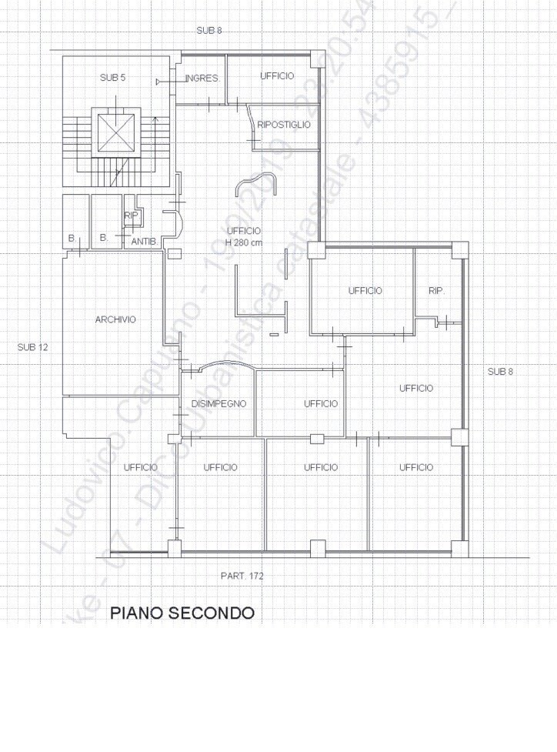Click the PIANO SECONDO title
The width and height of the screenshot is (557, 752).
point(182,613)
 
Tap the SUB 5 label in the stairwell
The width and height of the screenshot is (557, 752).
point(112,78)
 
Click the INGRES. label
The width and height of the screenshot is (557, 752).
point(202,79)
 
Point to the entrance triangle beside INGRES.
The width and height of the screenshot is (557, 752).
point(159,81)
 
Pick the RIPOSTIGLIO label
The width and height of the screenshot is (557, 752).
point(284,125)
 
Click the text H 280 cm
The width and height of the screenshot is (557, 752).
point(244,242)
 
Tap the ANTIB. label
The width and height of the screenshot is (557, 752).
point(144,242)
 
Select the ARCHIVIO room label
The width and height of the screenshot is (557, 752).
point(115,319)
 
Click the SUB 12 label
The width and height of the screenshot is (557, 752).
point(32,347)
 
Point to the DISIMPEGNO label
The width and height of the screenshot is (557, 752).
point(218,404)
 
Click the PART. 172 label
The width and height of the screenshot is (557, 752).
point(242,575)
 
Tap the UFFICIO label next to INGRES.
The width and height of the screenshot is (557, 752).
point(277,76)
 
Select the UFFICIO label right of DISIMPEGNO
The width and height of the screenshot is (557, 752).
point(321,404)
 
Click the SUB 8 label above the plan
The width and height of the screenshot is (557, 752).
point(208,30)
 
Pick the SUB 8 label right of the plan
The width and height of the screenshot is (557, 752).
point(499,372)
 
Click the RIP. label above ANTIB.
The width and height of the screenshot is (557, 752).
point(132,216)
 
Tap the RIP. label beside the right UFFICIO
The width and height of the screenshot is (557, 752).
point(436,291)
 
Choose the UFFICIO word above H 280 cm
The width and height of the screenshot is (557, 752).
point(244,231)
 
